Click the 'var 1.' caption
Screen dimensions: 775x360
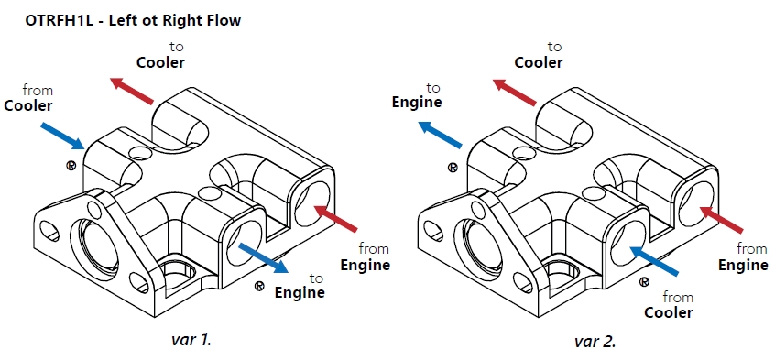[x=191, y=340]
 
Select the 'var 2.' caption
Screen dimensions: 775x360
[x=595, y=341]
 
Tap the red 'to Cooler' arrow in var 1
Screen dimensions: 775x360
[x=132, y=91]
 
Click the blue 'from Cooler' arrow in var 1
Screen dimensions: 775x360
[x=62, y=135]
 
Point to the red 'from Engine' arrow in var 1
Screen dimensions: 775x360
[x=335, y=218]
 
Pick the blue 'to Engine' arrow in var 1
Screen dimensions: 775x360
[x=263, y=257]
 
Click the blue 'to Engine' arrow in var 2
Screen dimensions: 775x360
[x=440, y=134]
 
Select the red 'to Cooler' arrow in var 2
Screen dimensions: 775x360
[x=515, y=92]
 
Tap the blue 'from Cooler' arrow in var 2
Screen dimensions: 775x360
[x=653, y=259]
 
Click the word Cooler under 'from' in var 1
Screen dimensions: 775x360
[x=28, y=106]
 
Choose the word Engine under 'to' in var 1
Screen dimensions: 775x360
[x=300, y=293]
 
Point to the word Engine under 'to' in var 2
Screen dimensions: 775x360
[x=417, y=103]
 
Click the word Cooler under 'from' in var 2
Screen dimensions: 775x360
[x=669, y=312]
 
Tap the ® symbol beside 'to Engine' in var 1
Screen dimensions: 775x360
[x=259, y=287]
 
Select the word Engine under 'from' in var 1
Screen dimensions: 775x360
[x=365, y=265]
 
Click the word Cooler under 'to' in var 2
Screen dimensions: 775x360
[x=539, y=63]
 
